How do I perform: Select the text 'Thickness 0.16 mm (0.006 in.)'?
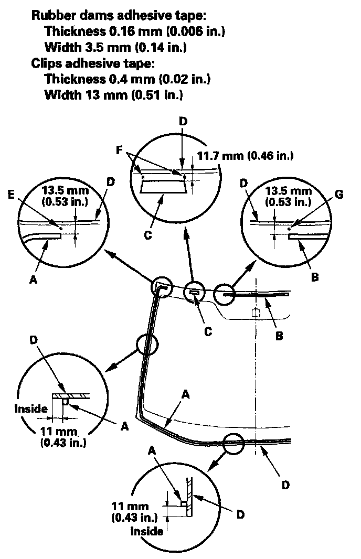point(135,31)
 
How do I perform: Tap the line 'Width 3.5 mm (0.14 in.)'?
point(116,48)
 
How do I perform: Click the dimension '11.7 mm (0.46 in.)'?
point(245,155)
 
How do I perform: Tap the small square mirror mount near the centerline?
point(256,313)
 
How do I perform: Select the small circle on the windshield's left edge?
point(147,345)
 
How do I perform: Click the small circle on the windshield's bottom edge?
point(234,443)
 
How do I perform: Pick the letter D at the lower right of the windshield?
point(285,485)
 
